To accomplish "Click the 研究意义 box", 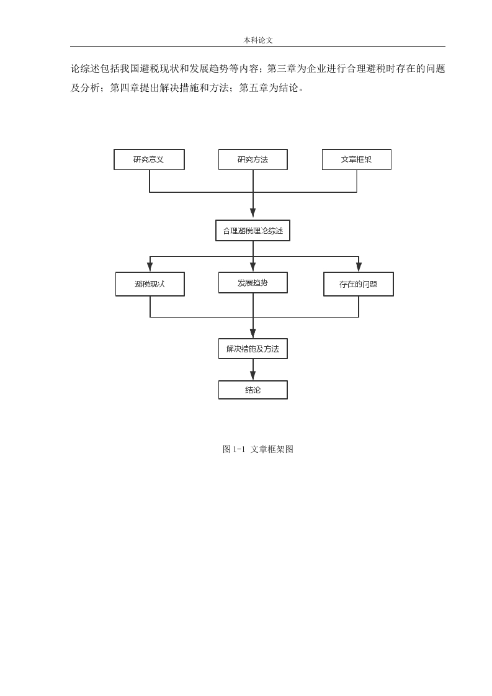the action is (x=149, y=159).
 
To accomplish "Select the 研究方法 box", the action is (x=253, y=159).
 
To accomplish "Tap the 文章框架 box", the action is (x=357, y=159).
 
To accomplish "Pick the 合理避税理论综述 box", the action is (x=253, y=231).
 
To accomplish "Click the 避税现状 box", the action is (x=150, y=284).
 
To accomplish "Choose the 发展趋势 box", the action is (x=253, y=283).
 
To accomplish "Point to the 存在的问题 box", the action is (x=359, y=284).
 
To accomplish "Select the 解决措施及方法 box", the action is (x=253, y=349).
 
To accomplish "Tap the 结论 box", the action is (x=253, y=390).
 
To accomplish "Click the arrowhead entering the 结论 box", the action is (x=253, y=375).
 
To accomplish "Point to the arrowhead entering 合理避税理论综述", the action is (x=253, y=215).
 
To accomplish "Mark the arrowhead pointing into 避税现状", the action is (x=150, y=267).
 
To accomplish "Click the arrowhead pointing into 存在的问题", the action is (x=359, y=267).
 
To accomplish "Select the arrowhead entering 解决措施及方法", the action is (x=253, y=334).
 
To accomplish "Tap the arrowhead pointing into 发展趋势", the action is (x=253, y=267).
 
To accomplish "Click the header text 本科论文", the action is (x=258, y=40).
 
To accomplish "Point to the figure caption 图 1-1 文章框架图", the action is (x=258, y=449).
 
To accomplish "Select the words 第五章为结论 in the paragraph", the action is (x=269, y=88).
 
